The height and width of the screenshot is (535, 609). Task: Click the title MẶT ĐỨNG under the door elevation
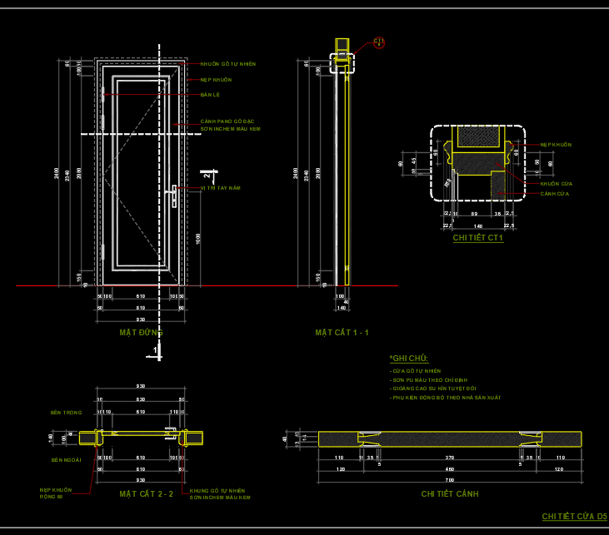coord(141,332)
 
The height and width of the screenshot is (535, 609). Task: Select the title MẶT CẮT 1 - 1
coord(342,333)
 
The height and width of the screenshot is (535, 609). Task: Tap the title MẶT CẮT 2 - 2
coord(146,494)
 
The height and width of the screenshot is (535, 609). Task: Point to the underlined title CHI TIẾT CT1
coord(478,238)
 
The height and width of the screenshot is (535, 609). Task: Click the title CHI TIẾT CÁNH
coord(450,493)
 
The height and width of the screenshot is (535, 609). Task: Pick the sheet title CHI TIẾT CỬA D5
coord(575,517)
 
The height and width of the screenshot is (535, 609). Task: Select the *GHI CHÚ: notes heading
coord(408,358)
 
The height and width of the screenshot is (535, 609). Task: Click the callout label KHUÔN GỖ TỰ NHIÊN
coord(227,64)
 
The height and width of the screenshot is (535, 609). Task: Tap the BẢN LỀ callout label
coord(209,95)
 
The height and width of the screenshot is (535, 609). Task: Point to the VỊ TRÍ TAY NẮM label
coord(220,188)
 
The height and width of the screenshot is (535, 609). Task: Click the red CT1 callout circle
coord(379,42)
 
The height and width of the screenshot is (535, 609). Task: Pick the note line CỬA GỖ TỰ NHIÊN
coord(417,370)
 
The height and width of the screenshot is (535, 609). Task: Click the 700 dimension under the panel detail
coord(449,481)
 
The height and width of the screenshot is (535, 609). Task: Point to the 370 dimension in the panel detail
coord(449,458)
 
